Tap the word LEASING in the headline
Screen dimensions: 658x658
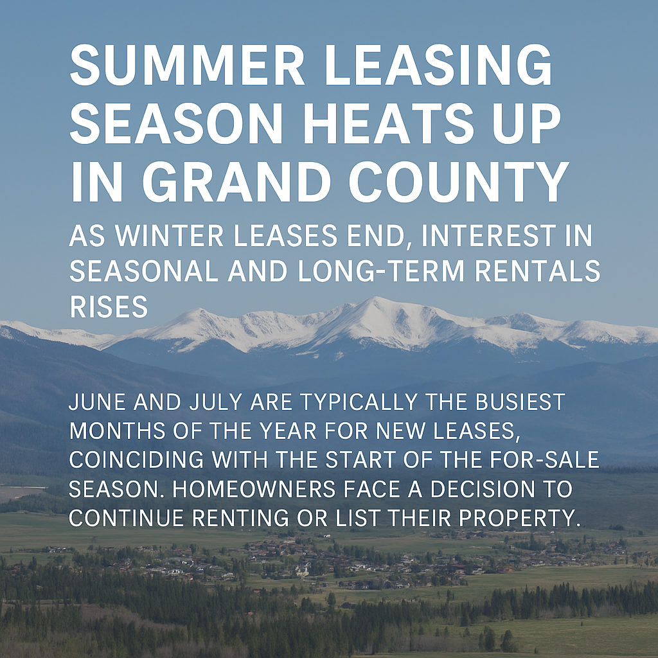click(x=438, y=65)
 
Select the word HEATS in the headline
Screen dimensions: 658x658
click(x=387, y=124)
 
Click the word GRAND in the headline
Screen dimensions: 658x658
click(x=236, y=182)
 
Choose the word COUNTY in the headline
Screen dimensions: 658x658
click(x=458, y=182)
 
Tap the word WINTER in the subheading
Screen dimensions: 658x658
click(x=169, y=235)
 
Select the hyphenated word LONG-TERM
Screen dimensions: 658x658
click(x=381, y=272)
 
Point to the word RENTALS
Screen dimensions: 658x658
click(x=538, y=272)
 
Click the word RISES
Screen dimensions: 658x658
click(x=109, y=307)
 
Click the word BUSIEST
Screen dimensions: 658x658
click(x=520, y=402)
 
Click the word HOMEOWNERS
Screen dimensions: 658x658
click(x=254, y=489)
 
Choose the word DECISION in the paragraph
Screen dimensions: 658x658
click(x=483, y=489)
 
